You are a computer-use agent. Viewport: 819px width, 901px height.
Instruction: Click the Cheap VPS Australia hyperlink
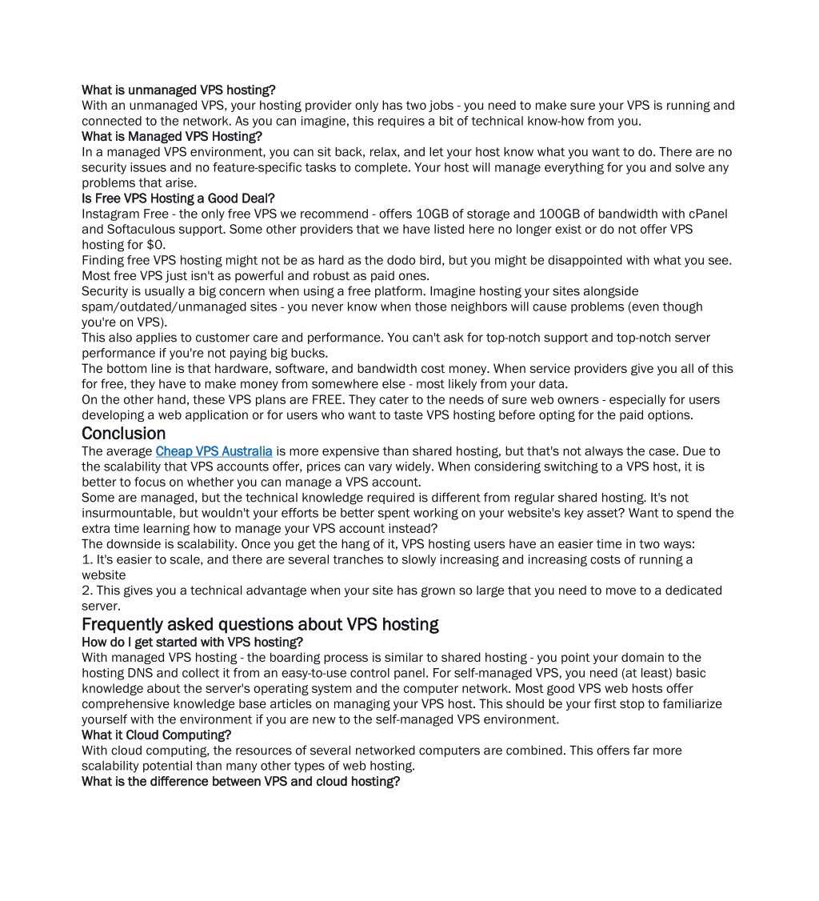(x=214, y=451)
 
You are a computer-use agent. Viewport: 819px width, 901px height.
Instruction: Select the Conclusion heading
(x=123, y=434)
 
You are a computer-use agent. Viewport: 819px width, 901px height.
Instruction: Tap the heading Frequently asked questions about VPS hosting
(x=260, y=624)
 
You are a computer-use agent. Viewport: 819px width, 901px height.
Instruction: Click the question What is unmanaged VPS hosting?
(x=178, y=90)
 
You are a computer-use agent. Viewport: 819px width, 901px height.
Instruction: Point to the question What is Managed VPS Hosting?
(x=172, y=136)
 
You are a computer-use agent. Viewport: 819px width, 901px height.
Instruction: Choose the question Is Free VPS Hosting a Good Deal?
(x=178, y=198)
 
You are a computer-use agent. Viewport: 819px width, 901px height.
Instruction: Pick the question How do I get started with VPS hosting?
(x=192, y=642)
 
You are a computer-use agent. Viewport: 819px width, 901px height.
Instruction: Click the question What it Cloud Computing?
(x=156, y=735)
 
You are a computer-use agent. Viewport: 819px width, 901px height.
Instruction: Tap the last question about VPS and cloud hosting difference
(x=240, y=781)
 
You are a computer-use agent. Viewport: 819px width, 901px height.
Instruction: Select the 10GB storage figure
(x=433, y=214)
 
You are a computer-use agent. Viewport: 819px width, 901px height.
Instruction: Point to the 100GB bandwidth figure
(x=556, y=214)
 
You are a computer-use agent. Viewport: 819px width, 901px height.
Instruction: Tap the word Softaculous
(x=141, y=229)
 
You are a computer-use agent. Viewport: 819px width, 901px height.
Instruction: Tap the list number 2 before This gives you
(x=86, y=591)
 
